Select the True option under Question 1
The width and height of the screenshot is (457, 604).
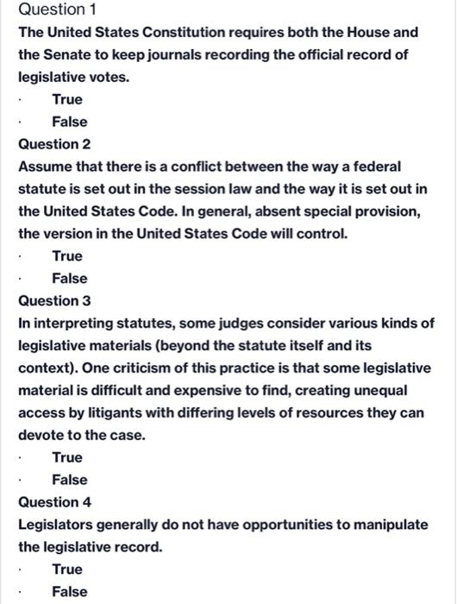pyautogui.click(x=67, y=99)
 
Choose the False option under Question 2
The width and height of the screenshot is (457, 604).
pyautogui.click(x=69, y=278)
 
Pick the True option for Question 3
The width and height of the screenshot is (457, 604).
pyautogui.click(x=67, y=457)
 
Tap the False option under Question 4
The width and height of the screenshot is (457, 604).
pyautogui.click(x=69, y=591)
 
